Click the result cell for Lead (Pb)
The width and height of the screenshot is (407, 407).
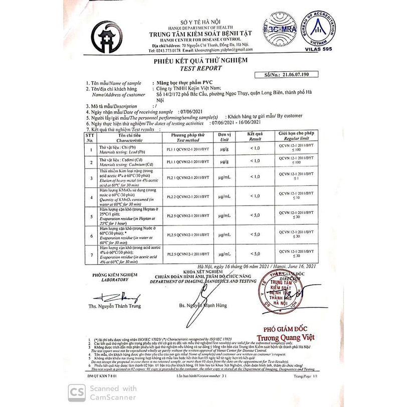(255, 149)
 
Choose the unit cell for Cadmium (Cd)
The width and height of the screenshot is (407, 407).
(224, 161)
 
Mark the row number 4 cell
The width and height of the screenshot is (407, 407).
(90, 197)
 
